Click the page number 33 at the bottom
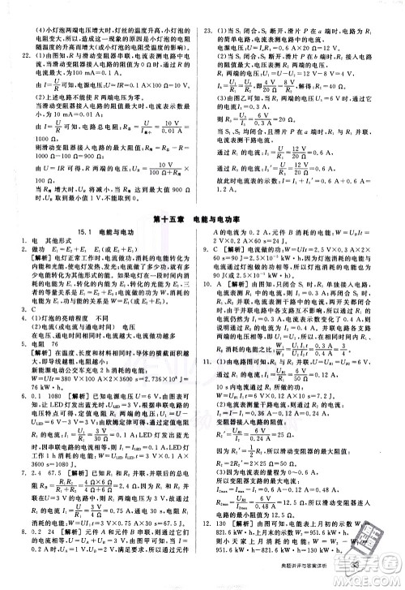click(381, 579)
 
